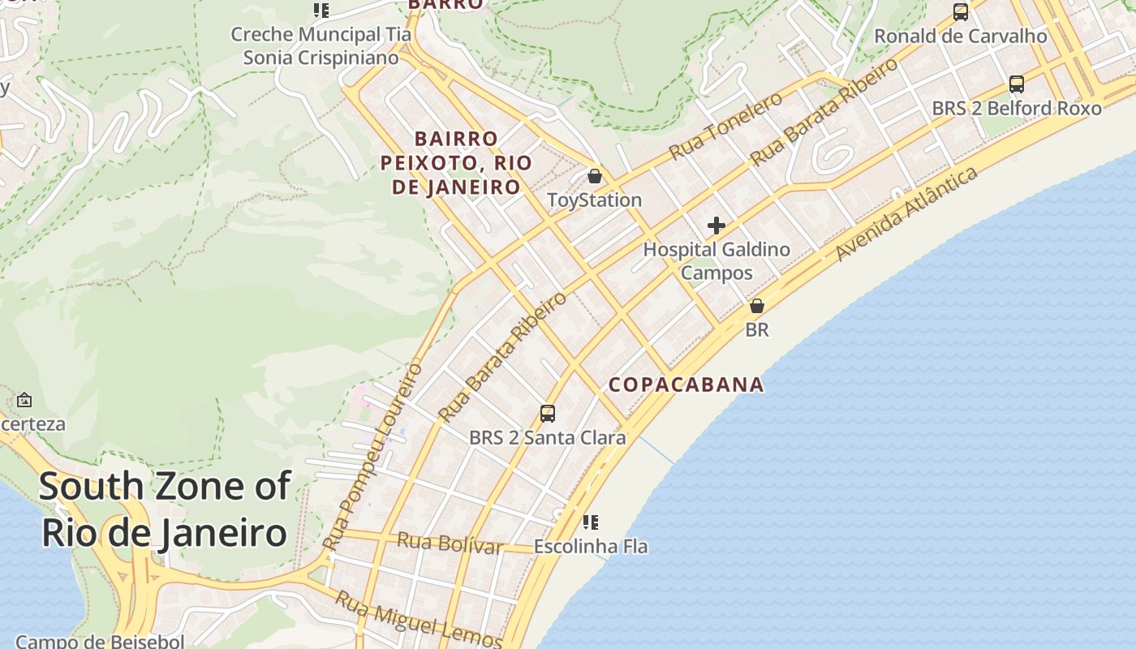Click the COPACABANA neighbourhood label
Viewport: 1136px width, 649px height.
[686, 385]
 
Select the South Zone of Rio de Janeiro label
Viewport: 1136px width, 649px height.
[164, 509]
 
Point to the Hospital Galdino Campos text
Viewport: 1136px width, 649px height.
[716, 260]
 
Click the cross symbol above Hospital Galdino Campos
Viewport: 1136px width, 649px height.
[716, 225]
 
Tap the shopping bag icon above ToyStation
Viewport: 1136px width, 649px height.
[595, 176]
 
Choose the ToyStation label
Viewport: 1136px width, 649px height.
[595, 200]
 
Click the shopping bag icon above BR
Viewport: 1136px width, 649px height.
[757, 306]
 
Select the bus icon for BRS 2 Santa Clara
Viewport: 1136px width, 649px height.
[548, 414]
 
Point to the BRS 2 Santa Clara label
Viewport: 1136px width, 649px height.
[548, 438]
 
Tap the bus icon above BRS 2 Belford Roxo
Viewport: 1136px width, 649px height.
[1016, 84]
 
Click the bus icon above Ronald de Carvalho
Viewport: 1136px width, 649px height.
[961, 12]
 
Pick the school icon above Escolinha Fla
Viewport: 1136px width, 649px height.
[591, 522]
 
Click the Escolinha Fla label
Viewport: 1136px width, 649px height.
[591, 547]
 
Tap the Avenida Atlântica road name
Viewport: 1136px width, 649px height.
[906, 214]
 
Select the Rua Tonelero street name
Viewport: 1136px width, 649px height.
[725, 126]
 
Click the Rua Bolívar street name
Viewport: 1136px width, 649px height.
[450, 542]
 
